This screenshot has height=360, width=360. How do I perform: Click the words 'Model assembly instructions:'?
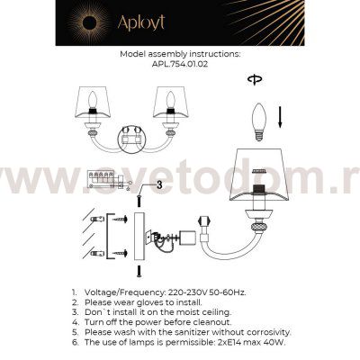click(179, 54)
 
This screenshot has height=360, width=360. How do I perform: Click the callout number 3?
click(158, 184)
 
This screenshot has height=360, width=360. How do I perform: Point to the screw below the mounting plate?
click(139, 270)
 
